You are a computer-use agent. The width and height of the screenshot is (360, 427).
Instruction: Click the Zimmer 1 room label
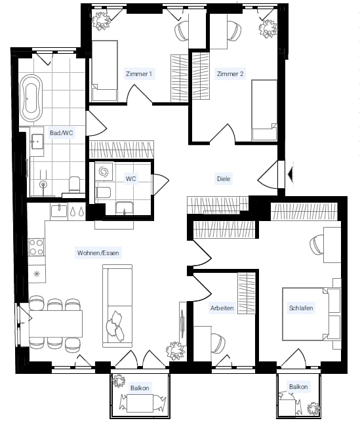click(x=139, y=74)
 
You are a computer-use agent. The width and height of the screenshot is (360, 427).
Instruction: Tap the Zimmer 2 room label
click(x=230, y=74)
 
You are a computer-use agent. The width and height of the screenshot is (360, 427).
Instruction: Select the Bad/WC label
click(x=61, y=133)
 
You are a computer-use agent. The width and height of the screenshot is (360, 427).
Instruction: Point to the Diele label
click(x=224, y=179)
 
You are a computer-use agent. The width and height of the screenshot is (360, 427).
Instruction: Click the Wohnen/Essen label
click(x=98, y=253)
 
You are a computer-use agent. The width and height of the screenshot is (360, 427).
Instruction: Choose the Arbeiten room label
click(x=222, y=308)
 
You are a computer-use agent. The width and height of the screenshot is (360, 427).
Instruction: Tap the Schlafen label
click(x=301, y=308)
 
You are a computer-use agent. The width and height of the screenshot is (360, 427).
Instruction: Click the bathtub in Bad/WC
click(x=32, y=98)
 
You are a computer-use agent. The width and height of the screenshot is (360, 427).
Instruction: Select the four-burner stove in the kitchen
click(x=37, y=247)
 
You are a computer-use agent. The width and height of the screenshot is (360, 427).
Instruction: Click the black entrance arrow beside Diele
click(x=290, y=173)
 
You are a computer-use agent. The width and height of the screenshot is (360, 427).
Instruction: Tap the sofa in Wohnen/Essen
click(x=117, y=306)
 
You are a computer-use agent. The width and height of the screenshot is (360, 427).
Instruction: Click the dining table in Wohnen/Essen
click(x=56, y=323)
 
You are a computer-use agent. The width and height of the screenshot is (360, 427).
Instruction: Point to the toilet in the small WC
click(x=103, y=193)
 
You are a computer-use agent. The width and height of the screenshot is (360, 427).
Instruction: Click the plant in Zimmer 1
click(x=100, y=21)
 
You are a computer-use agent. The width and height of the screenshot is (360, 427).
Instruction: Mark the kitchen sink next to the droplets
click(x=59, y=211)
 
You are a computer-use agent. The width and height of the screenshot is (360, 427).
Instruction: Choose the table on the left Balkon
click(x=140, y=403)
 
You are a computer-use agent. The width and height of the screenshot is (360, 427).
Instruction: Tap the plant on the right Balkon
click(x=313, y=408)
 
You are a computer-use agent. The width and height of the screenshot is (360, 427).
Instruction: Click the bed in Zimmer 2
click(x=264, y=110)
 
